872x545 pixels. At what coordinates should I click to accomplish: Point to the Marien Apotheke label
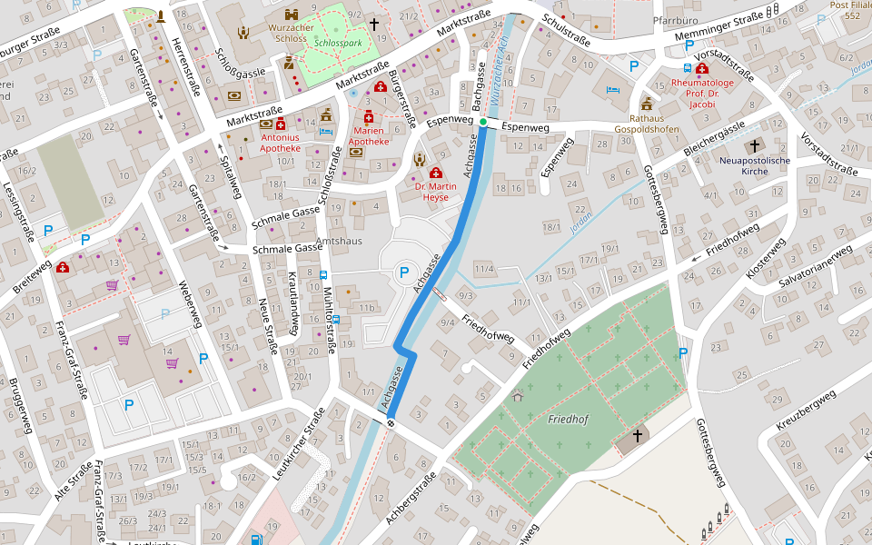click(369, 136)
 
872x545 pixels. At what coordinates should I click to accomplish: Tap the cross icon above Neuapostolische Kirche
click(754, 145)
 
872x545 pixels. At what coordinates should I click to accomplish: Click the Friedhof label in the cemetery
click(569, 419)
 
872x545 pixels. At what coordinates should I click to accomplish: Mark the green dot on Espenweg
click(483, 122)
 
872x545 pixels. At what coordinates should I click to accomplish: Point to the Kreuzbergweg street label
click(806, 410)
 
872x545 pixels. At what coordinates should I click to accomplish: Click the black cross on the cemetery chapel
click(637, 436)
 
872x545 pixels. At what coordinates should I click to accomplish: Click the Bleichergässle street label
click(715, 136)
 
